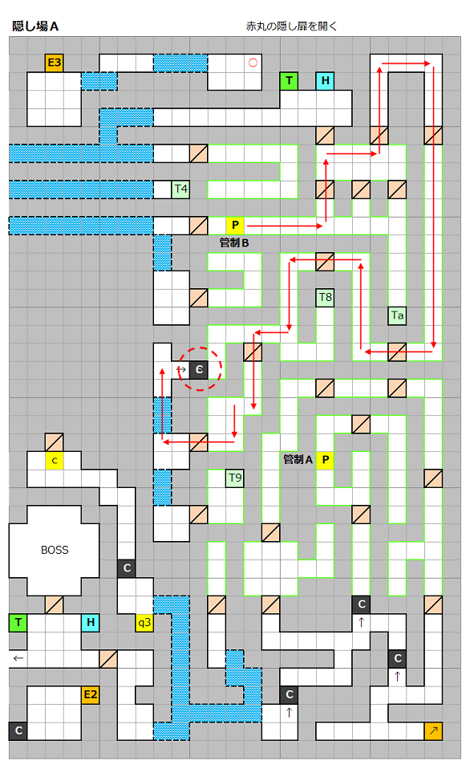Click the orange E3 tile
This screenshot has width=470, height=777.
[54, 63]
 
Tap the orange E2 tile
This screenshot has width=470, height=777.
[90, 695]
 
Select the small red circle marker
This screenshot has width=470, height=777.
[253, 63]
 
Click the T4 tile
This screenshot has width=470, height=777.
[180, 189]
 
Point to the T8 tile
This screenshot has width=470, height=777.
[325, 297]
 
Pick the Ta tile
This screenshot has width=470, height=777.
[397, 315]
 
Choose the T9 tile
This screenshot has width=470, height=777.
[235, 478]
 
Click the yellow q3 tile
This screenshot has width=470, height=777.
[144, 622]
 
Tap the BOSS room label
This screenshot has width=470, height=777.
[55, 550]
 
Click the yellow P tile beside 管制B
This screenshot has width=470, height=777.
[235, 226]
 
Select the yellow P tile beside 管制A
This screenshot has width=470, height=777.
[325, 460]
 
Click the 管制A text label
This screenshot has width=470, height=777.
[298, 460]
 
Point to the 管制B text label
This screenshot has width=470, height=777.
[233, 243]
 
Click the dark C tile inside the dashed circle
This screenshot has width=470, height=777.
[199, 370]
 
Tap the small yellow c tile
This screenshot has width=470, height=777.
[54, 461]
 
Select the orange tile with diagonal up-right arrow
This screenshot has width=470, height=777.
[433, 731]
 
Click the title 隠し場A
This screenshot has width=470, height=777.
[35, 26]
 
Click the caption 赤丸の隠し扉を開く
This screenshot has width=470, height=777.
[291, 26]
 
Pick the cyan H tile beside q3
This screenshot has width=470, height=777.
[90, 622]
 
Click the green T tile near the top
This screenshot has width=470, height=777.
[289, 81]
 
